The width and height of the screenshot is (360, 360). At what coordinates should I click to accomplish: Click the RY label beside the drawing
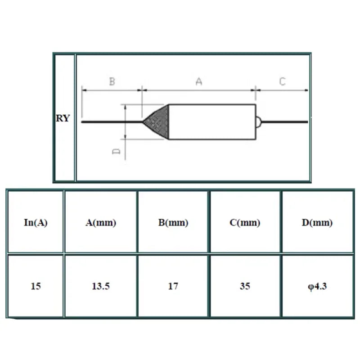tap(63, 119)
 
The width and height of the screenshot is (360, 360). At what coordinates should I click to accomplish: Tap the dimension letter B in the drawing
tap(112, 82)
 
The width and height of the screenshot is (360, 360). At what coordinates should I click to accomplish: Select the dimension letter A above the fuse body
tap(199, 82)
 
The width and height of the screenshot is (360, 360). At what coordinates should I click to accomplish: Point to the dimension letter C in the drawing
tap(282, 82)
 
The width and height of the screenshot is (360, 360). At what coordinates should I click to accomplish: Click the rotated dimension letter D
tap(116, 152)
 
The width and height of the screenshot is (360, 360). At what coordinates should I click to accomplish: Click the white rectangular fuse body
tap(211, 121)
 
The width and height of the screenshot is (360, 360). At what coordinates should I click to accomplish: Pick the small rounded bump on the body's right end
tap(258, 121)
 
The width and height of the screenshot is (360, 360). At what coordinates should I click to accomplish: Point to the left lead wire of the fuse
tap(110, 121)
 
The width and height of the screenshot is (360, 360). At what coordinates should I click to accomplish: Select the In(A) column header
tap(36, 223)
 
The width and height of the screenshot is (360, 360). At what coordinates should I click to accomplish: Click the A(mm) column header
tap(101, 223)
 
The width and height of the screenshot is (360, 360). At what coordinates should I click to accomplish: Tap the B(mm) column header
tap(173, 223)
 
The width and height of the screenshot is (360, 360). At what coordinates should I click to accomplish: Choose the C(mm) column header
tap(245, 223)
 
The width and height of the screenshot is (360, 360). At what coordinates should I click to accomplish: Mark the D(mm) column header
tap(317, 223)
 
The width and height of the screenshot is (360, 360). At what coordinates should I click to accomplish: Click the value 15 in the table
tap(36, 286)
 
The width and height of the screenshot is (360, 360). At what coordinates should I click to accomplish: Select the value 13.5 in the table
tap(101, 286)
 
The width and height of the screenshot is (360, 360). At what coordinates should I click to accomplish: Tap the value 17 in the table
tap(173, 286)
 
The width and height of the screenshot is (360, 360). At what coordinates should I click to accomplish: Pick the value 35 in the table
tap(245, 286)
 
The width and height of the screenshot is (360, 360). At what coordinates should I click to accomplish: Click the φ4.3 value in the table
tap(317, 286)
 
